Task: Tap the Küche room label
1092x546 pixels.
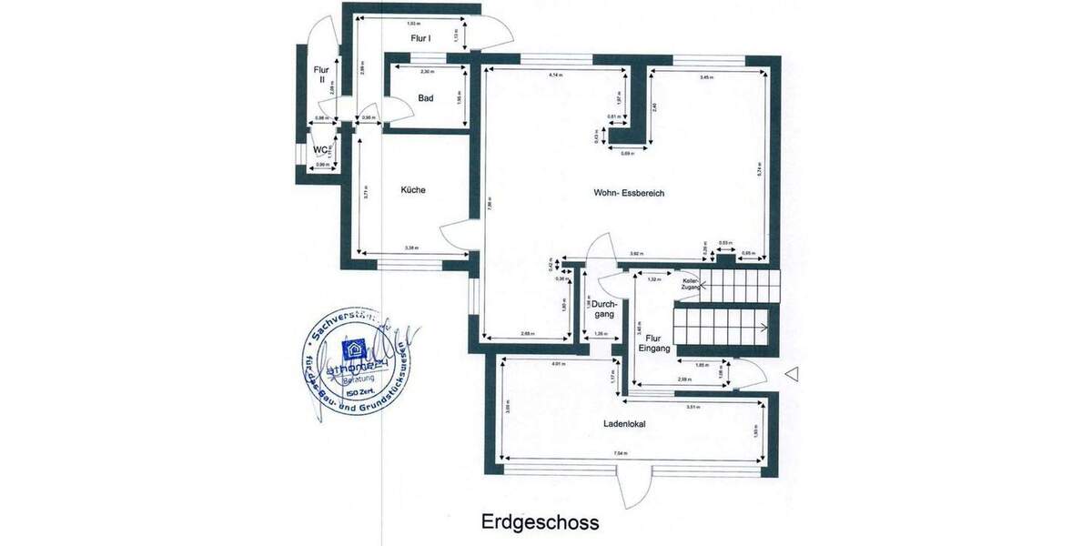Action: pyautogui.click(x=413, y=190)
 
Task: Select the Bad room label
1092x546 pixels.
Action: pyautogui.click(x=426, y=98)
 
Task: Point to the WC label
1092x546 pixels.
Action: pyautogui.click(x=320, y=150)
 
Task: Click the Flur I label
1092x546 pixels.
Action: pyautogui.click(x=420, y=38)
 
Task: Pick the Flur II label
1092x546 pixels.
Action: pyautogui.click(x=320, y=75)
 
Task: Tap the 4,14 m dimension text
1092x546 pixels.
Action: pyautogui.click(x=556, y=76)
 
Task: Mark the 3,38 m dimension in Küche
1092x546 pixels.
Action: pyautogui.click(x=411, y=248)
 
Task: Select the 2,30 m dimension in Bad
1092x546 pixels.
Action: pyautogui.click(x=427, y=71)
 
